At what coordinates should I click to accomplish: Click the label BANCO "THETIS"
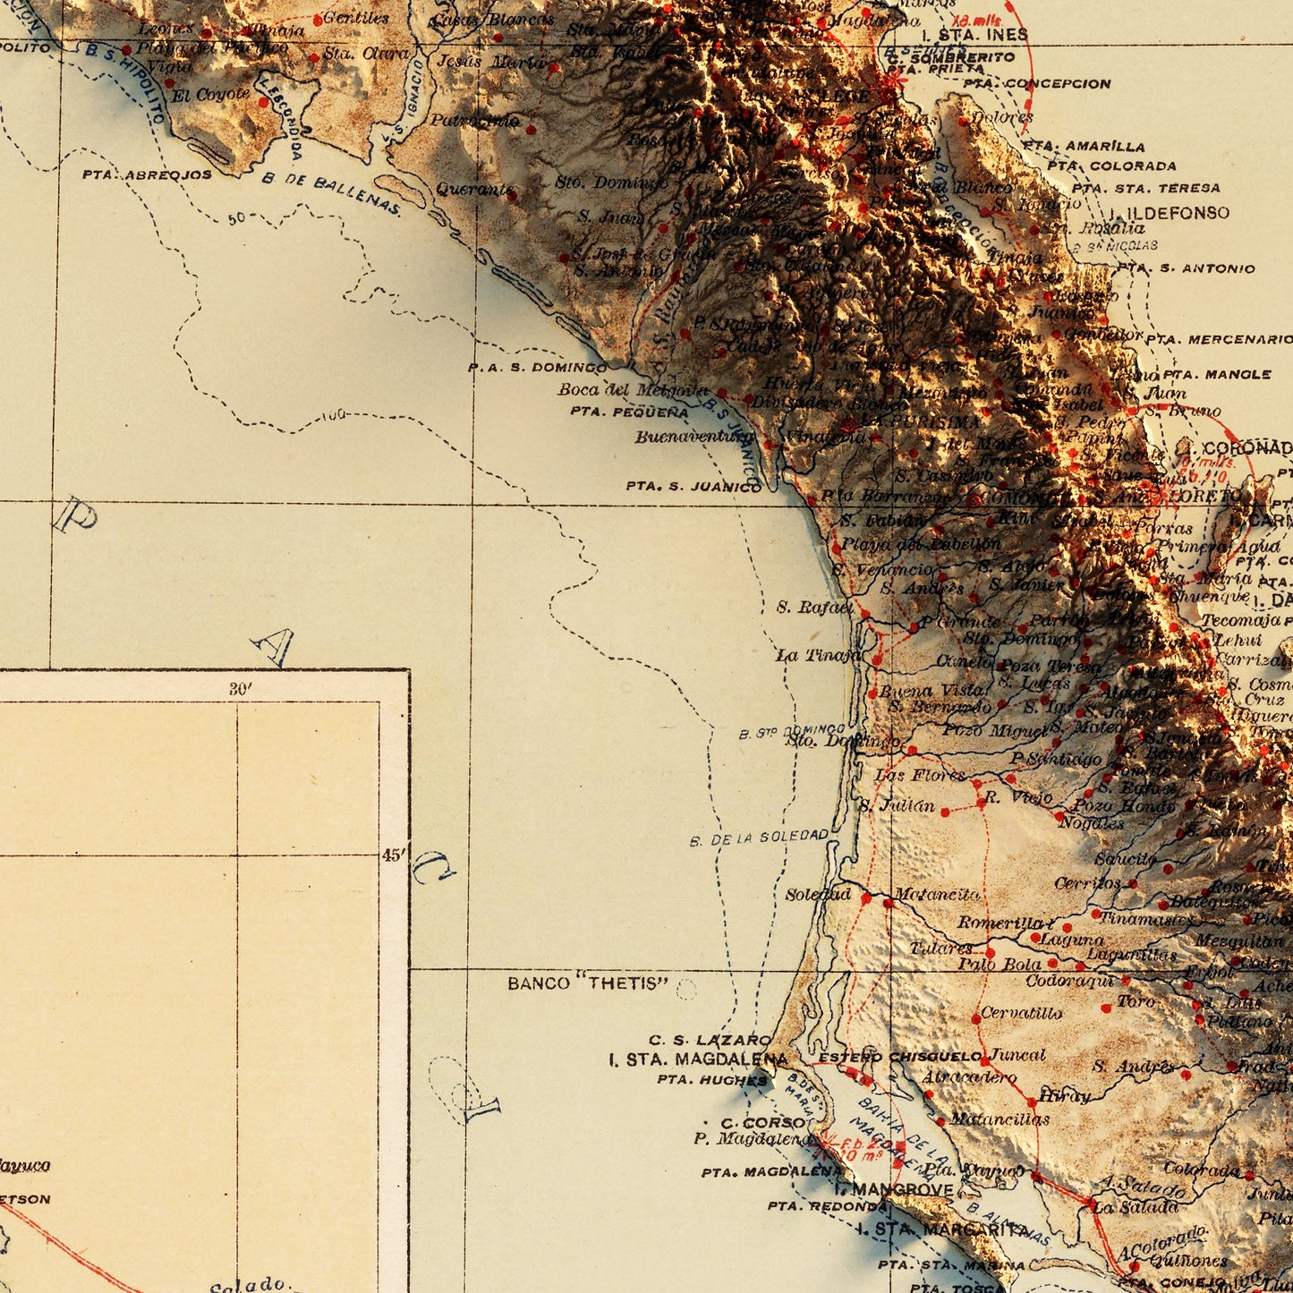coord(588,983)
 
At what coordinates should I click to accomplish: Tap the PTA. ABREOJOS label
coord(147,174)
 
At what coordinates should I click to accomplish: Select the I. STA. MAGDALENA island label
coord(698,1059)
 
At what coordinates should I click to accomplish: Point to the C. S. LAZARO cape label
coord(710,1040)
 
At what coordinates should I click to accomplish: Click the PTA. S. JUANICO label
coord(693,487)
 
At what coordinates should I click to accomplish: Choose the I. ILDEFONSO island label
coord(1170,213)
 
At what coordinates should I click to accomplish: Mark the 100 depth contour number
coord(332,415)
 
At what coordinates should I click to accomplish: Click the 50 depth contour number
coord(236,217)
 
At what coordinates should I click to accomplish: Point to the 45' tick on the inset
coord(392,855)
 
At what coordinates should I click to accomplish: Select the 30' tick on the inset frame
coord(240,688)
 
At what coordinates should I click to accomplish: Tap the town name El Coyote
coord(210,94)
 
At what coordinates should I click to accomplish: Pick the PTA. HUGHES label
coord(711,1080)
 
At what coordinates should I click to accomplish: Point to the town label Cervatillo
coord(1022,1013)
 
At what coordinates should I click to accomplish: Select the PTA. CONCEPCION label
coord(1037,84)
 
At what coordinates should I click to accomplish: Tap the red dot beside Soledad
coord(866,897)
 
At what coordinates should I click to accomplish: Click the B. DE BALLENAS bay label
coord(331,193)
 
